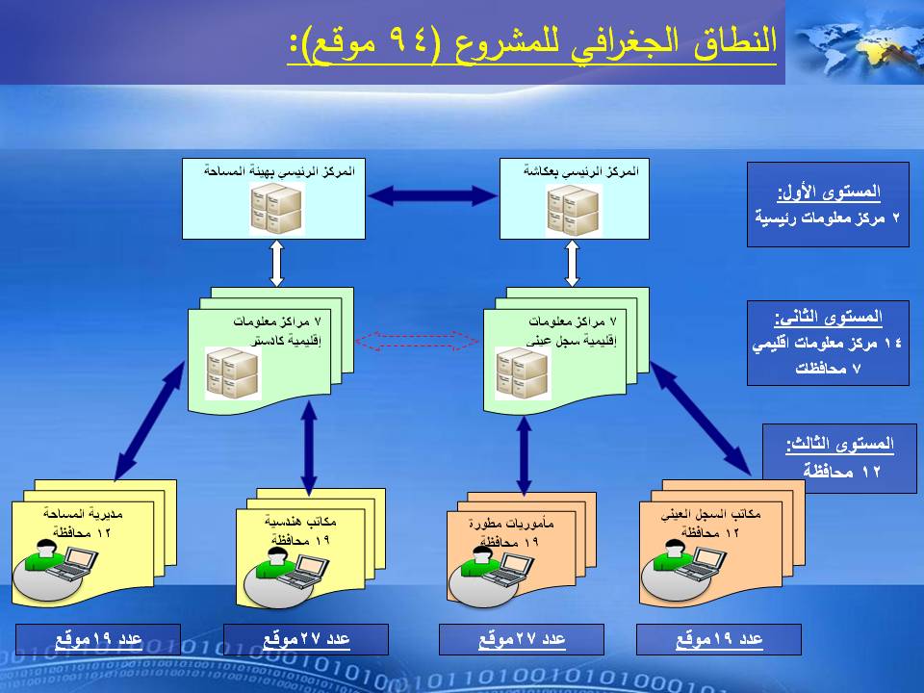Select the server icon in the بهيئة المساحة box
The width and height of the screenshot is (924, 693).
tap(276, 208)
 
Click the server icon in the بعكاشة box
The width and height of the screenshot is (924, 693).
tap(575, 208)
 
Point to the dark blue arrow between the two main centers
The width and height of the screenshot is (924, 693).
tap(432, 196)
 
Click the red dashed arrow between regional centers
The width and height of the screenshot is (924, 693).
tap(418, 340)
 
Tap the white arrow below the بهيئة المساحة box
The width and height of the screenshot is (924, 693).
tap(276, 262)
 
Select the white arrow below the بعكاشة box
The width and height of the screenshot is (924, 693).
tap(572, 262)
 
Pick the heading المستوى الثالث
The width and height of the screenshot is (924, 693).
tap(839, 445)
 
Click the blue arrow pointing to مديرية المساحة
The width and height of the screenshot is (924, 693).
tap(149, 420)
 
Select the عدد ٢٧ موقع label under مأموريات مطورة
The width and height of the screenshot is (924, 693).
tap(522, 640)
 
